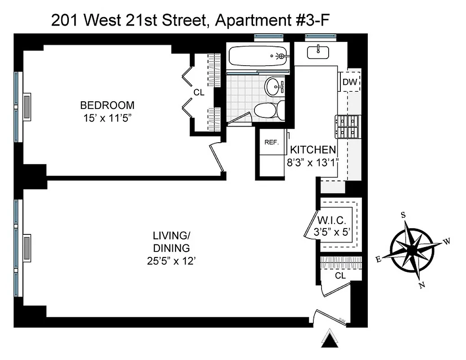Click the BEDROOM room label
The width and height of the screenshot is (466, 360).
[x=107, y=105]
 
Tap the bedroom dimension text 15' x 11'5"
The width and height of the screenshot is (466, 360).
[x=107, y=118]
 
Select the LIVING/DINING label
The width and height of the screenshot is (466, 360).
[x=171, y=241]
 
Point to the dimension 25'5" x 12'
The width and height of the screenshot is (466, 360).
[x=171, y=261]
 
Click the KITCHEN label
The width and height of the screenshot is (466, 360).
[x=312, y=150]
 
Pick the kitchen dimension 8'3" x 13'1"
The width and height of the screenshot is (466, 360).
[x=312, y=162]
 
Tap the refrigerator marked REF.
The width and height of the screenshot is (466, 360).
[x=271, y=142]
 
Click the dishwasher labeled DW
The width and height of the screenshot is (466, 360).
[x=350, y=82]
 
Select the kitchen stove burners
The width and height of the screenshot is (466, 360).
[x=347, y=126]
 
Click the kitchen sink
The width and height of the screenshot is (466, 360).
[x=318, y=52]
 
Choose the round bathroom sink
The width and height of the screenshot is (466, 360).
[x=275, y=85]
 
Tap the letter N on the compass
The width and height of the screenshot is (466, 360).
[x=421, y=285]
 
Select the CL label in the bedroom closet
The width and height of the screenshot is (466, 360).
[x=199, y=92]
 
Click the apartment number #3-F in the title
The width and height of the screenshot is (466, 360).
[x=311, y=20]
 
